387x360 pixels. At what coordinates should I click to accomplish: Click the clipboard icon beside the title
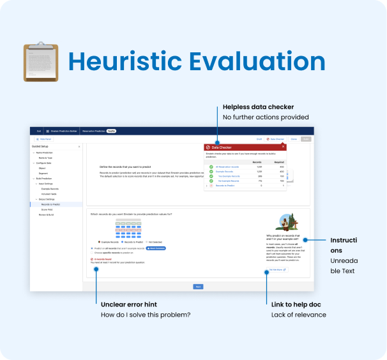click(40, 62)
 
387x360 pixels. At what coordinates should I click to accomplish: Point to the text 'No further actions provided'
click(266, 117)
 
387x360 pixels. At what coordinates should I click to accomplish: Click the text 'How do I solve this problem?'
click(146, 314)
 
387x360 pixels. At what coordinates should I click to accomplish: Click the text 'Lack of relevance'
click(299, 314)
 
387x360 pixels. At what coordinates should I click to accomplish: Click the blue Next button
click(198, 287)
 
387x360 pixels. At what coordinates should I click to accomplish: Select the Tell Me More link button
click(278, 270)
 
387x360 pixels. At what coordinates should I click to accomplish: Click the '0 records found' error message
click(103, 260)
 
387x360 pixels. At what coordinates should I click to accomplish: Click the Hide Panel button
click(45, 139)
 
